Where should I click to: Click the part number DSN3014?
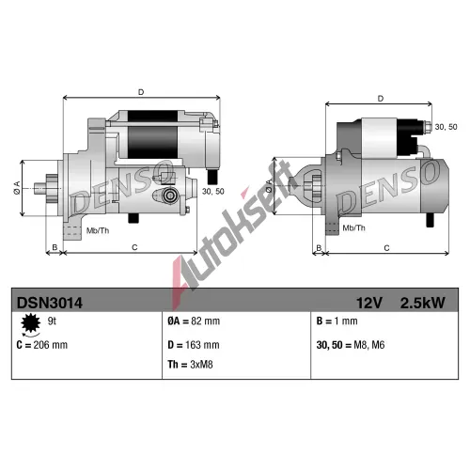tap(50, 303)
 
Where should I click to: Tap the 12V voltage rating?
tap(369, 303)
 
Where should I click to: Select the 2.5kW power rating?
tap(422, 303)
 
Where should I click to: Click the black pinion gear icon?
tap(31, 322)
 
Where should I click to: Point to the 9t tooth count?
tap(52, 321)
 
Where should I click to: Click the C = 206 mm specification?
tap(42, 345)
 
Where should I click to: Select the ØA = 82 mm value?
tap(194, 321)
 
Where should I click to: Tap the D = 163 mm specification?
tap(194, 345)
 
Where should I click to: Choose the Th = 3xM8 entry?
tap(190, 365)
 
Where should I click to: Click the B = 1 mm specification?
tap(337, 321)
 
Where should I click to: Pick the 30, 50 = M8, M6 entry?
tap(351, 345)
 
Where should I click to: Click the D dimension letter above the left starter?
tap(141, 92)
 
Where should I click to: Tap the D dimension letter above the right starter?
tap(381, 99)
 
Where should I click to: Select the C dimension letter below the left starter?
tap(134, 247)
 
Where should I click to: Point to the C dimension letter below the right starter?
tap(386, 248)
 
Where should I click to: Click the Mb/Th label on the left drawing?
tap(98, 231)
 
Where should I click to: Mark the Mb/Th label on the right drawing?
tap(354, 228)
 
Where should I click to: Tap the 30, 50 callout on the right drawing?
tap(446, 127)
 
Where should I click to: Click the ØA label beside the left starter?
tap(17, 188)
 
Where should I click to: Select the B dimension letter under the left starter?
tap(55, 247)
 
